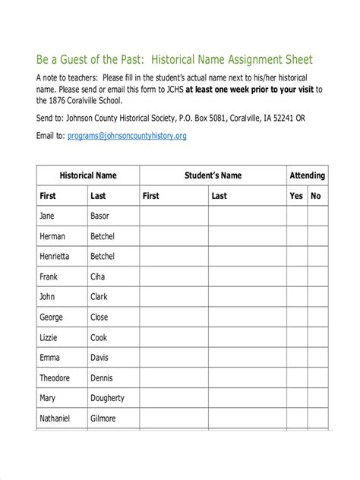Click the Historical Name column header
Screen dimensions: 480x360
coord(88,175)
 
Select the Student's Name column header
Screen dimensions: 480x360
coord(213,175)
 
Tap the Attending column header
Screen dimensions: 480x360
coord(307,175)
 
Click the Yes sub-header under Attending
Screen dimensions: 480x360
coord(296,196)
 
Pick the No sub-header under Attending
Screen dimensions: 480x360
coord(316,196)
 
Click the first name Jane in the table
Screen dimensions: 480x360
coord(48,216)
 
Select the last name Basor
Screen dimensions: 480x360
coord(100,216)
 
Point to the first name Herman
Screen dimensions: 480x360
coord(53,236)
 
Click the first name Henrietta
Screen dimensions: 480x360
coord(57,257)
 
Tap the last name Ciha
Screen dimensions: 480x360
coord(98,277)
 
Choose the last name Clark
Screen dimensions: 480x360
coord(99,297)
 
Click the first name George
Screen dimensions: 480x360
coord(52,317)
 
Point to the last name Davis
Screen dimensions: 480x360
coord(99,358)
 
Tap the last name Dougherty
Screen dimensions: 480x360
coord(108,398)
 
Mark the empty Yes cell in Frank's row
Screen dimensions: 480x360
coord(296,277)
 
